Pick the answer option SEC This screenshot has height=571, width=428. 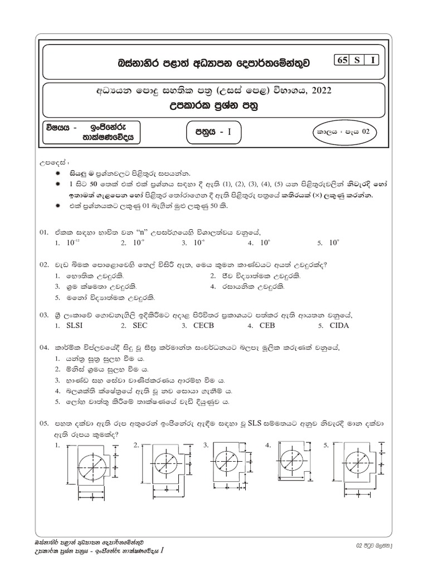(x=137, y=326)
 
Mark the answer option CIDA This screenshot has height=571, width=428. (x=339, y=326)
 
